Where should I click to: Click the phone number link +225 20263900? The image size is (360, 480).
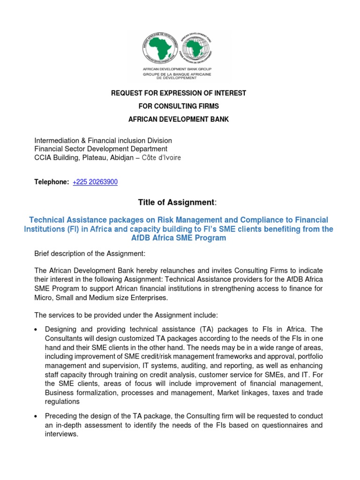click(95, 182)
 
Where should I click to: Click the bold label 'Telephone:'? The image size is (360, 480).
click(52, 182)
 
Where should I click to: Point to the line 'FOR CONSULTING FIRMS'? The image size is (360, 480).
click(179, 106)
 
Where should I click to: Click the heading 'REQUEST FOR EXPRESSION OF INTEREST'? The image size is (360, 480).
click(179, 93)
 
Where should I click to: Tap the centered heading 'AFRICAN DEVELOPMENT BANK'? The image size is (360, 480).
click(179, 119)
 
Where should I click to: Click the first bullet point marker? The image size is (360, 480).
click(36, 330)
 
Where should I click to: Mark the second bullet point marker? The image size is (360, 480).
click(36, 417)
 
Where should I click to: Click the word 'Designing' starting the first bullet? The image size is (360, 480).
click(60, 330)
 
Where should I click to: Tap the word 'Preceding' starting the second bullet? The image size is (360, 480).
click(60, 416)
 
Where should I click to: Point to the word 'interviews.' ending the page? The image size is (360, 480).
click(61, 434)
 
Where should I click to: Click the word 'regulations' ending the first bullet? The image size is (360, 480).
click(62, 401)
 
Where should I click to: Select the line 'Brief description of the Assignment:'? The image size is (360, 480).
click(90, 254)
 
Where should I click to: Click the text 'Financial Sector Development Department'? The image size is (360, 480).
click(101, 149)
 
